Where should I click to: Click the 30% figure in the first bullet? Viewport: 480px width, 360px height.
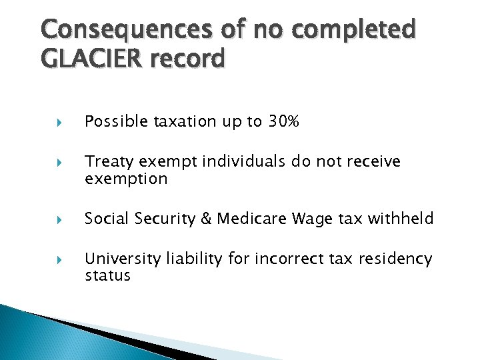point(284,121)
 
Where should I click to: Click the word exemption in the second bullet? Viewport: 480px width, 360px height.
point(126,179)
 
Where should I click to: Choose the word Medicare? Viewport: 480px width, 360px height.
point(247,219)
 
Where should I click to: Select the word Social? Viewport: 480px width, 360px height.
point(105,219)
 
